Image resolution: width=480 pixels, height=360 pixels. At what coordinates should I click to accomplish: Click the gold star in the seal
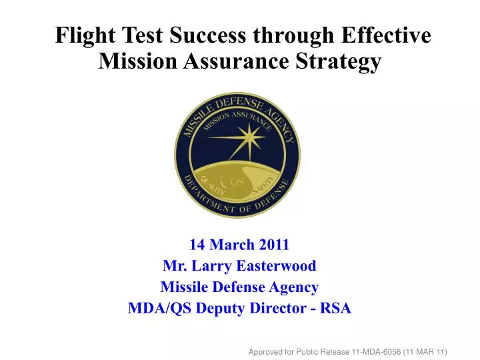250,139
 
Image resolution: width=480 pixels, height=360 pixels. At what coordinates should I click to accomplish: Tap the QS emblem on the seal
237,182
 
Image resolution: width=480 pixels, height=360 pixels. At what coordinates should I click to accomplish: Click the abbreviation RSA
336,308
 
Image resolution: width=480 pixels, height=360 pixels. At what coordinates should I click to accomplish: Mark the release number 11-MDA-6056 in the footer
367,351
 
